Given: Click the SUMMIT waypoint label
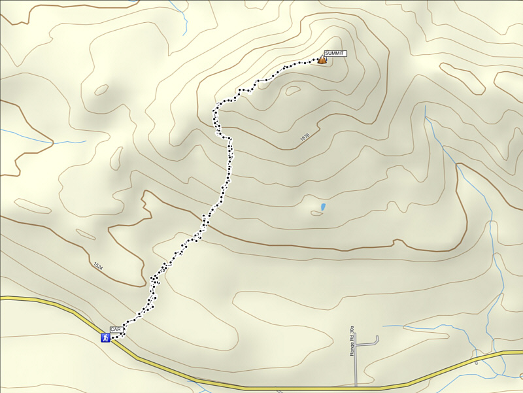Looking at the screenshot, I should click(x=334, y=53).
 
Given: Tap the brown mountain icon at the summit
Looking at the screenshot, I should click(x=322, y=60).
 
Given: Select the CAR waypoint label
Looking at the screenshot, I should click(x=116, y=330).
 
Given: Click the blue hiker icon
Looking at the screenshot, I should click(x=105, y=337).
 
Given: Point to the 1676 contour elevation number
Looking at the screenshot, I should click(x=304, y=137).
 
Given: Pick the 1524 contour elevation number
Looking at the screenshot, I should click(x=98, y=266).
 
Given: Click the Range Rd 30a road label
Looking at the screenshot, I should click(x=352, y=341).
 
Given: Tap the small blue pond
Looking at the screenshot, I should click(x=323, y=208).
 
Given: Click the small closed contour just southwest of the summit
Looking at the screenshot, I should click(x=293, y=91).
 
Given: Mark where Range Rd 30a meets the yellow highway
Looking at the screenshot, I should click(x=356, y=386).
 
